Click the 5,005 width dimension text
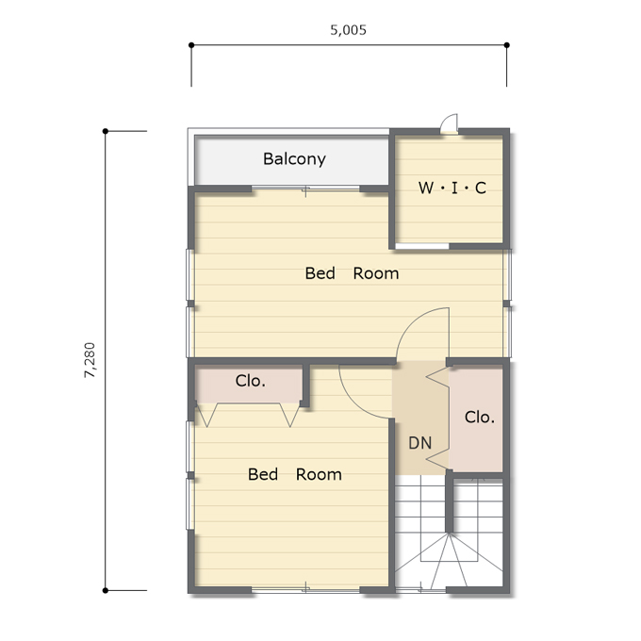(348, 30)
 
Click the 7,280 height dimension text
(90, 360)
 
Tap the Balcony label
(294, 159)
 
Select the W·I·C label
(452, 188)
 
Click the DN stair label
(419, 443)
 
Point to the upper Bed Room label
(352, 273)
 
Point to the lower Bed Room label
(295, 474)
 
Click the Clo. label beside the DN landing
(480, 418)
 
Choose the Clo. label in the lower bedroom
(250, 381)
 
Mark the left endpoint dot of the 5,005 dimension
(191, 45)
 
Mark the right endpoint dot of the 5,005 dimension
(507, 45)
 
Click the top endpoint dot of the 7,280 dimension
(106, 131)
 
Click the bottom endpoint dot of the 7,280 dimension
(106, 590)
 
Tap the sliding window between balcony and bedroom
(305, 189)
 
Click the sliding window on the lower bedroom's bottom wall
(305, 590)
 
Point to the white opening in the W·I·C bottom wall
(422, 246)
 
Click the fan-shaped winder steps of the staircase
(449, 561)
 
